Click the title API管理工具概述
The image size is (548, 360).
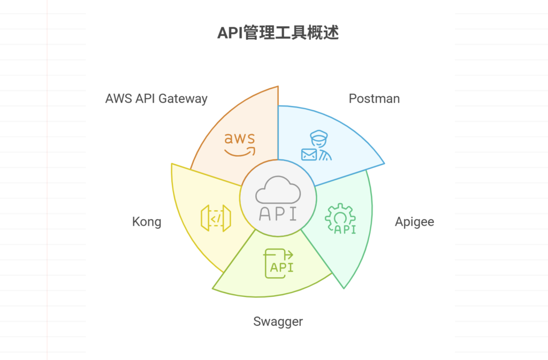tap(278, 33)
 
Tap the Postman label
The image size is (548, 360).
tap(374, 98)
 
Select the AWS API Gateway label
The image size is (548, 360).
tap(156, 98)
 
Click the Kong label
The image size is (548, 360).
tap(147, 221)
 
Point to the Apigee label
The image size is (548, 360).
tap(414, 221)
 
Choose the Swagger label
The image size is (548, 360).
tap(278, 321)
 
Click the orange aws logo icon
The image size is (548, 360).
tap(239, 144)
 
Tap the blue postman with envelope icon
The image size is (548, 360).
tap(317, 147)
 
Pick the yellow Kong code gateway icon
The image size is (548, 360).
tap(215, 218)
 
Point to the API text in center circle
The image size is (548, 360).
tap(277, 213)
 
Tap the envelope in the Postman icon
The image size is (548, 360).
tap(309, 155)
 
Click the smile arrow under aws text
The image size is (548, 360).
tap(240, 152)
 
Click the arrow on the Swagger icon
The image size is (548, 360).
tap(287, 255)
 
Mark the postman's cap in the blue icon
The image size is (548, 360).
tap(317, 135)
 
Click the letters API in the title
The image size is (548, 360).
tap(230, 33)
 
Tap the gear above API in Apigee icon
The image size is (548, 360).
tap(340, 213)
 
